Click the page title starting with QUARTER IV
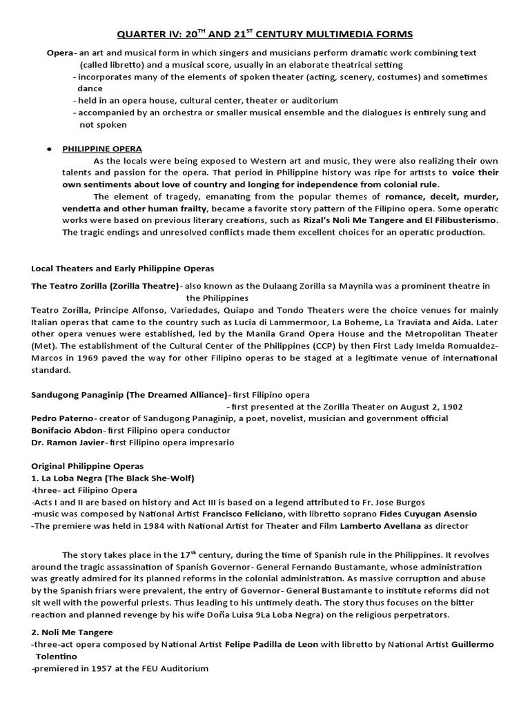(x=264, y=34)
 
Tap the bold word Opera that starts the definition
(x=60, y=53)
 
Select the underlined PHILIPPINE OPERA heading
(x=102, y=148)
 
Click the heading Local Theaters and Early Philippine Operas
(x=123, y=268)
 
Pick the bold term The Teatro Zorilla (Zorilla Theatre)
(x=104, y=286)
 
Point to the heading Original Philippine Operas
(x=88, y=466)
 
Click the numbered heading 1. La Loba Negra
(x=112, y=478)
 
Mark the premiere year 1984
(x=133, y=525)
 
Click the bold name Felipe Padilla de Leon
(x=271, y=644)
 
